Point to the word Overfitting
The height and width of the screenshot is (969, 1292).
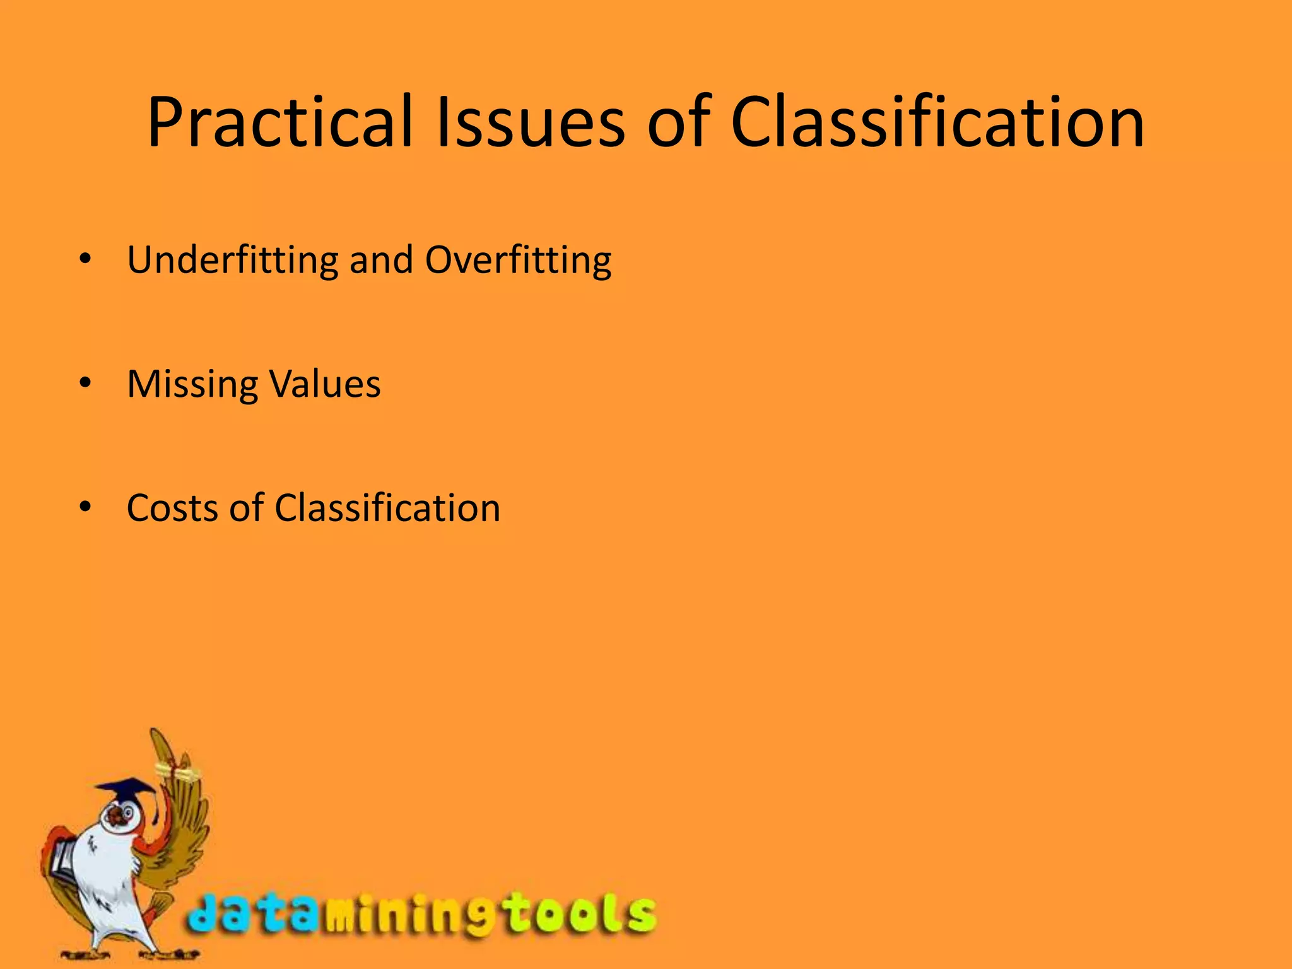coord(518,260)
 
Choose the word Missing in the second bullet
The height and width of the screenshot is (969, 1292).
coord(192,384)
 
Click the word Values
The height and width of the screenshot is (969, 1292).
coord(325,383)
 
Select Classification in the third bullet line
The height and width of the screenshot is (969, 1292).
coord(387,508)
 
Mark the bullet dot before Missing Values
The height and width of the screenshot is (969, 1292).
coord(86,383)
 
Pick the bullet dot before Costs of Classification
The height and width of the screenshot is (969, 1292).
coord(86,507)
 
